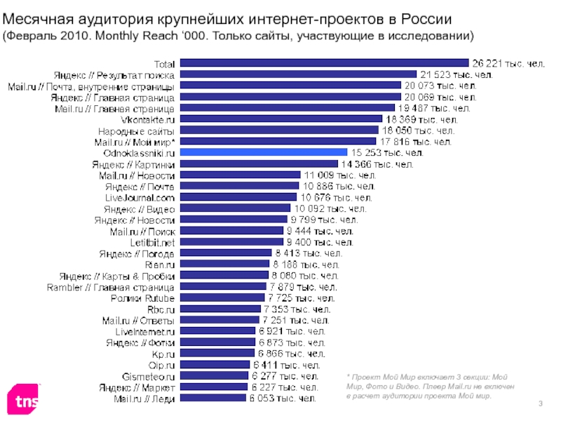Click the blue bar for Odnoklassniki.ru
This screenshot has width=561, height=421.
pos(264,152)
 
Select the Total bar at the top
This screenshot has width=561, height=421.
pos(323,63)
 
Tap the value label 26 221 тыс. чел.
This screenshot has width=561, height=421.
pos(507,63)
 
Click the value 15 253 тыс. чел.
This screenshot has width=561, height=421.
pos(387,152)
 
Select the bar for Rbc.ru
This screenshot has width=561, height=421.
pos(219,309)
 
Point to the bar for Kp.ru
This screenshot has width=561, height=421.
pos(217,354)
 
